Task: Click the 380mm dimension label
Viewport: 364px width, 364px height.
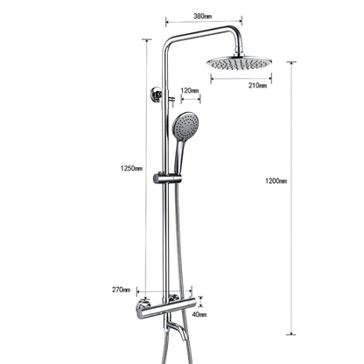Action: pos(203,16)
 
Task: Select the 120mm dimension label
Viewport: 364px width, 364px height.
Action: pos(189,90)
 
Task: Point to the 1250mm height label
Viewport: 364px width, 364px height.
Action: pos(132,169)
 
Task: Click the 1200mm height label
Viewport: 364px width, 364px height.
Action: pos(276,181)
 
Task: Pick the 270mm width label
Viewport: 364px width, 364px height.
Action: pos(122,290)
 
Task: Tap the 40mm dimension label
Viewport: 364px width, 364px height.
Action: pos(200,314)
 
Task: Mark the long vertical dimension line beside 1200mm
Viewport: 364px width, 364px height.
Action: pos(293,197)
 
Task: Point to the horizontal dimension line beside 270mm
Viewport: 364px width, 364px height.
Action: pos(149,291)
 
